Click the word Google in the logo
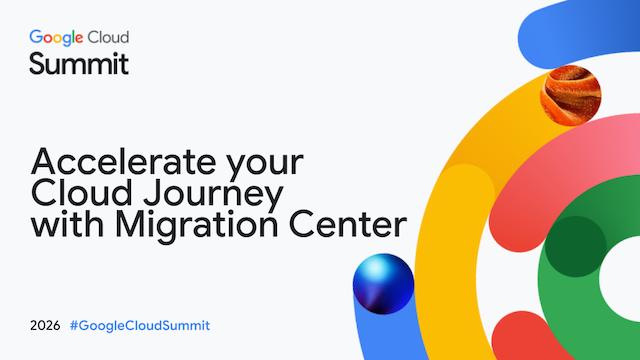[56, 38]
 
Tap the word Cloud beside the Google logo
[109, 37]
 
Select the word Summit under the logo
[79, 64]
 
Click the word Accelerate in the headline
[123, 162]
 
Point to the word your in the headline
[265, 165]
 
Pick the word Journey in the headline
[213, 195]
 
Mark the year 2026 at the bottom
[45, 326]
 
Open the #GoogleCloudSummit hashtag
[140, 326]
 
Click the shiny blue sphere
[383, 284]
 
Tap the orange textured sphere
[571, 96]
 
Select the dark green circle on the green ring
[576, 247]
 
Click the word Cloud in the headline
[82, 193]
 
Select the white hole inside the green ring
[622, 278]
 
